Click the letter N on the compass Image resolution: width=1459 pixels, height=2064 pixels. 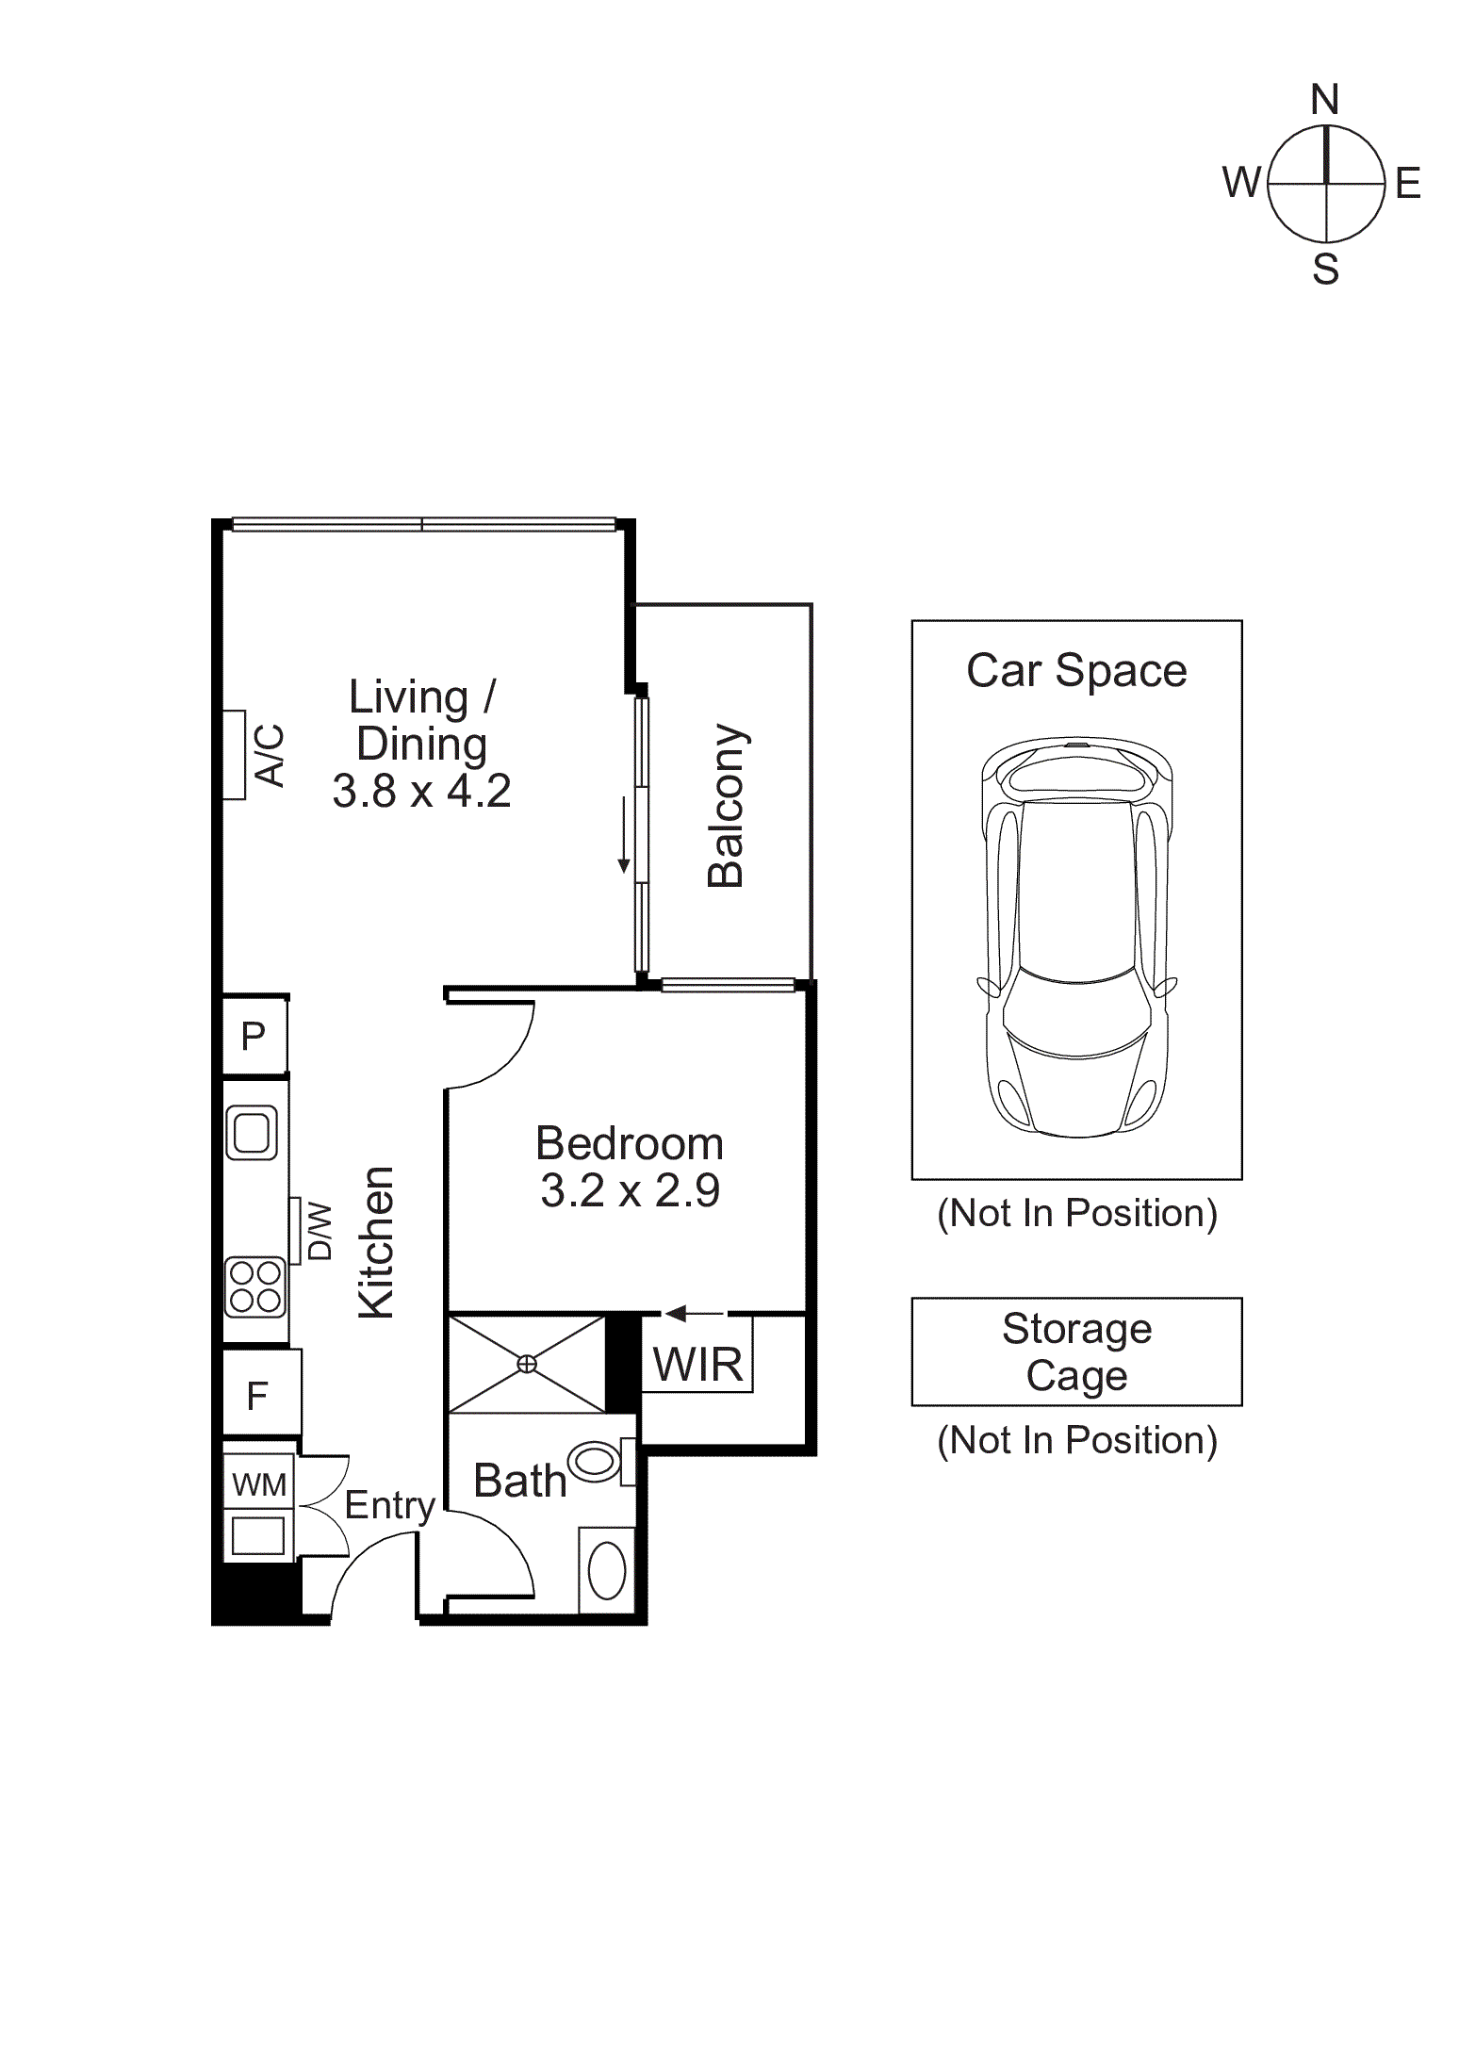(x=1324, y=100)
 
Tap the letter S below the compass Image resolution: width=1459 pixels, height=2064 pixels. (x=1325, y=270)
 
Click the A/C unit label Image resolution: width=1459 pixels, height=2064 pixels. (x=270, y=755)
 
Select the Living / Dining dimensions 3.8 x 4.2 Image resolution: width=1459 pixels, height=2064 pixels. (x=421, y=791)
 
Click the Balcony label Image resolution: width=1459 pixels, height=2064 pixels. (x=726, y=806)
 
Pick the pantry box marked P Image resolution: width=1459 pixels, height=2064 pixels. (x=254, y=1036)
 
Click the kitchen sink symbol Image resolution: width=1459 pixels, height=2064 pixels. (x=252, y=1132)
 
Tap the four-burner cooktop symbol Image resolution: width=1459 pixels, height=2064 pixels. (x=254, y=1287)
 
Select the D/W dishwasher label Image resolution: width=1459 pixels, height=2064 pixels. (x=320, y=1231)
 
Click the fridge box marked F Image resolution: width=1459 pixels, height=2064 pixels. (x=257, y=1396)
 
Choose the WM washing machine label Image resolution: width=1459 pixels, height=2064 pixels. (x=258, y=1485)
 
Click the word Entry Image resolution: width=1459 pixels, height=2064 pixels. (x=389, y=1505)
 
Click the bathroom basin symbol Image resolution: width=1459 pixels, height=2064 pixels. (x=607, y=1570)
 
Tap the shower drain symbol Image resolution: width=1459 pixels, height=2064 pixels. (x=527, y=1364)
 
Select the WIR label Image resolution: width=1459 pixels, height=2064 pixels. (x=697, y=1365)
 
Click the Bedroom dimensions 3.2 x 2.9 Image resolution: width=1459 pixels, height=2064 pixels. (x=630, y=1190)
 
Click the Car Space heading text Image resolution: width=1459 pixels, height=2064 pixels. (x=1076, y=671)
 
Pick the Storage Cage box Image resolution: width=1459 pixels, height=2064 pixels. (x=1076, y=1352)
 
